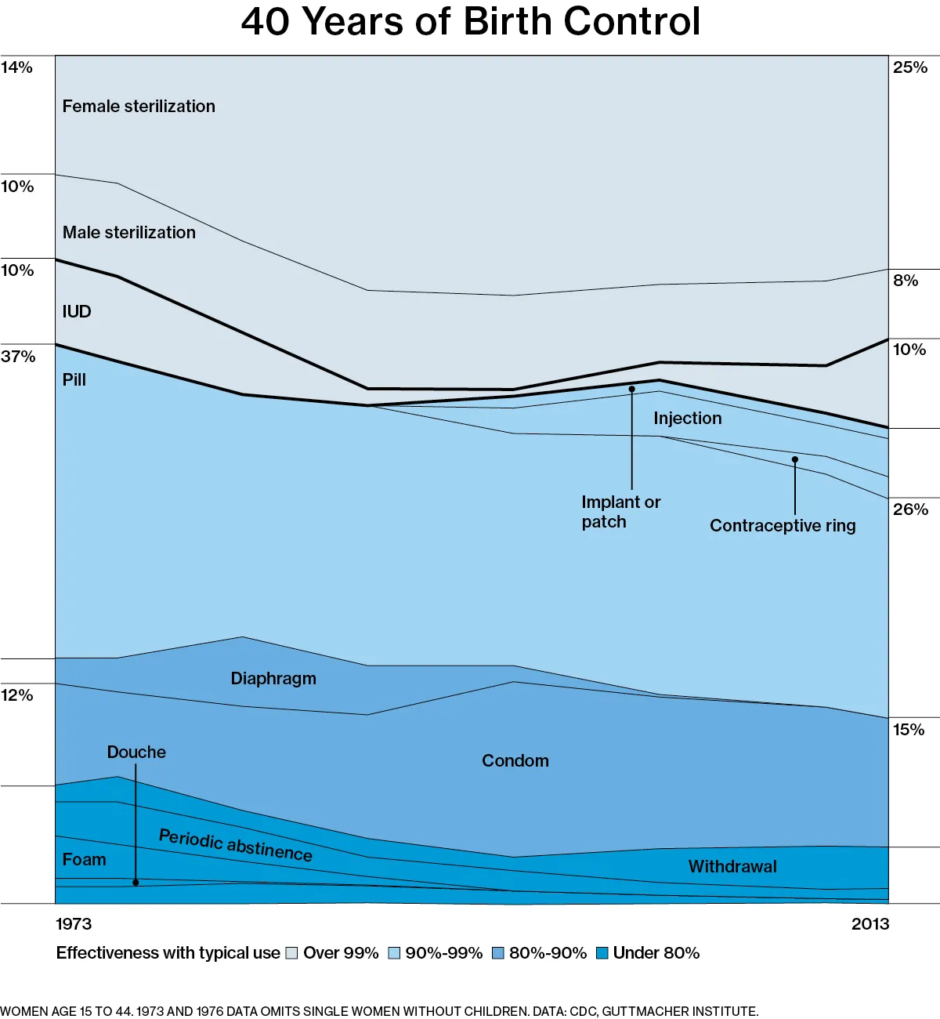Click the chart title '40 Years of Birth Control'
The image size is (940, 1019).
coord(470,22)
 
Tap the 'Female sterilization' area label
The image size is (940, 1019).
coord(139,107)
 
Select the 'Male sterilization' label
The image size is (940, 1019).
coord(129,233)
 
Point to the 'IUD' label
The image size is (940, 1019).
coord(77,312)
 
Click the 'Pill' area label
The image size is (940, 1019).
coord(74,380)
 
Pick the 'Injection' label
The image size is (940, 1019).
coord(688,419)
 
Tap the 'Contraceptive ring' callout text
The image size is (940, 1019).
coord(783,526)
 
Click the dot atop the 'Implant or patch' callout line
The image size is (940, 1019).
coord(631,389)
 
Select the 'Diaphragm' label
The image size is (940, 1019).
coord(273,679)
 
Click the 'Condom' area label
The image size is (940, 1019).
coord(515,761)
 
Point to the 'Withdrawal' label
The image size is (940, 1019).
coord(732,867)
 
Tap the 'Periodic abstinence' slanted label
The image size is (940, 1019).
coord(236,846)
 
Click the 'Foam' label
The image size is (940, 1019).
coord(85,860)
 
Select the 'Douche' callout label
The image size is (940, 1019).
coord(136,752)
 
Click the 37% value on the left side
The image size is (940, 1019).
coord(18,357)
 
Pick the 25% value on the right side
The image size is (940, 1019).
coord(910,68)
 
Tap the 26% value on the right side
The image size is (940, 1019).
coord(910,509)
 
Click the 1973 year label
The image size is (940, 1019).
coord(74,924)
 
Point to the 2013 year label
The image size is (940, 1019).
coord(870,924)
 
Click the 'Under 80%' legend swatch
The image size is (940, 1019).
coord(602,953)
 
